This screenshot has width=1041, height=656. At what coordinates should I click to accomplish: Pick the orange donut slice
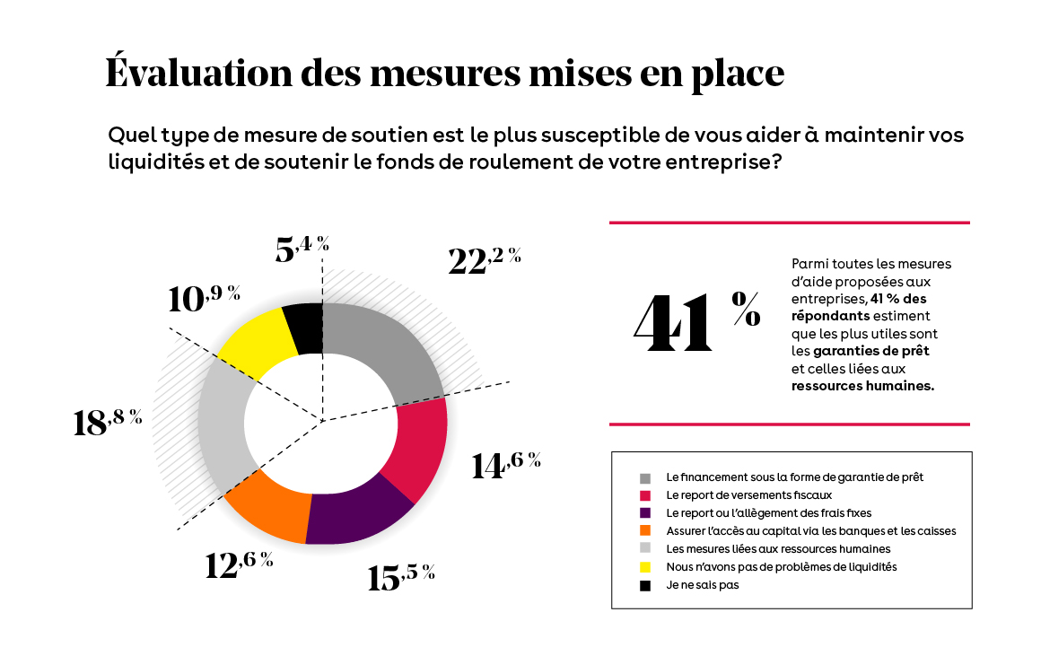267,507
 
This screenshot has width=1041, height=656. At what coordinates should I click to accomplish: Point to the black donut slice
302,328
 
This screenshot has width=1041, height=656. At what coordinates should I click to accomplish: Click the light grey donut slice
222,422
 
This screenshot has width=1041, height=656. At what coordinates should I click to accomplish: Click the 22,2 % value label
484,259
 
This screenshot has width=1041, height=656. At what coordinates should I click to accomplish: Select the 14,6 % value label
505,465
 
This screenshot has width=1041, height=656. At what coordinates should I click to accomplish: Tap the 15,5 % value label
401,576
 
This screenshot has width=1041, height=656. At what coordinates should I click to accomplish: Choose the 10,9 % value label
204,298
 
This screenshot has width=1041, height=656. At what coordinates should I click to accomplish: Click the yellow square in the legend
645,567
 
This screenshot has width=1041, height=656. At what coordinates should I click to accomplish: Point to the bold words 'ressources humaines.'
862,387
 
